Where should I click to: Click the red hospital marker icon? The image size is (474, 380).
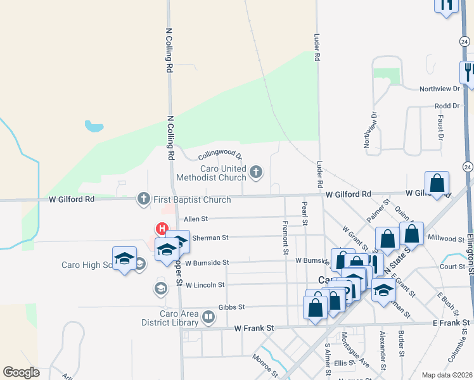click(162, 228)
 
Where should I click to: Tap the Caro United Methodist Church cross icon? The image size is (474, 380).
click(256, 172)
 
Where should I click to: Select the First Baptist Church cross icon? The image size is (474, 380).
click(144, 199)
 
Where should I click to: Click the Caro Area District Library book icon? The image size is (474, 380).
click(208, 315)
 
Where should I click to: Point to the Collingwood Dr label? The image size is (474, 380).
click(221, 155)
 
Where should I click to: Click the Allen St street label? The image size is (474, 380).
click(196, 219)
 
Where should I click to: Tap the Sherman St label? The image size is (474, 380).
click(210, 237)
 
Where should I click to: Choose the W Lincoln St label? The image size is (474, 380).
click(205, 285)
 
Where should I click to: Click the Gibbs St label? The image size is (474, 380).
click(231, 307)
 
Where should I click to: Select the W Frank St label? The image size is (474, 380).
click(253, 329)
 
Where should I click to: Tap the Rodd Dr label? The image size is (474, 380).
click(447, 106)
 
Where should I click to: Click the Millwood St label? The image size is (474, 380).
click(446, 239)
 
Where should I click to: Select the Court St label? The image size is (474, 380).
click(452, 267)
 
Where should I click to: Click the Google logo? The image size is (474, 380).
click(21, 372)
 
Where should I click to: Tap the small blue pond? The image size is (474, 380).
click(94, 127)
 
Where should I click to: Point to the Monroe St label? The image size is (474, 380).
click(265, 367)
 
